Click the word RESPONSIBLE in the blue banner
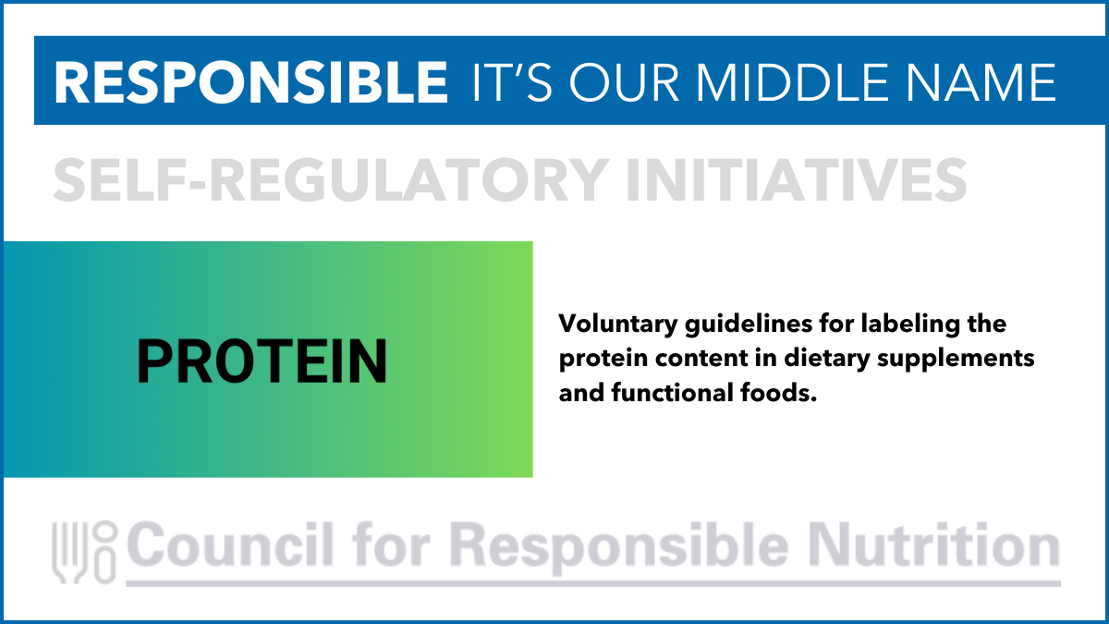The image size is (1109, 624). [x=251, y=82]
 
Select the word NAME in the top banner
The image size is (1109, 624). [x=981, y=82]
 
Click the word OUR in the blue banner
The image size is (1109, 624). [x=625, y=82]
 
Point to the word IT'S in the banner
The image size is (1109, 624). [x=512, y=82]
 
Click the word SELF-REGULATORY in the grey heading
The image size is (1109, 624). [x=331, y=179]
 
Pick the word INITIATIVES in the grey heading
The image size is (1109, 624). [x=797, y=179]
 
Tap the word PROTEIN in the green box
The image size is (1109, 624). [x=262, y=361]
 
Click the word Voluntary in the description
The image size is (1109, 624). [x=618, y=324]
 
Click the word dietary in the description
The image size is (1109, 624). [x=827, y=359]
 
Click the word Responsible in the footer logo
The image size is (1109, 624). [x=619, y=548]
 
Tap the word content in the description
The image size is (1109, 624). [x=701, y=359]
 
